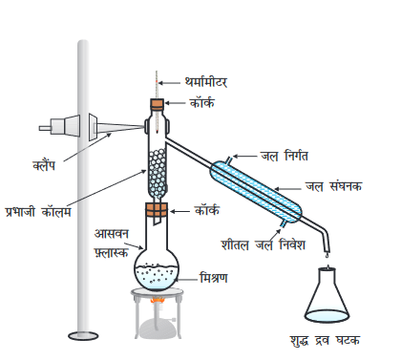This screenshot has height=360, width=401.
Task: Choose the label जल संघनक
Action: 345,186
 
